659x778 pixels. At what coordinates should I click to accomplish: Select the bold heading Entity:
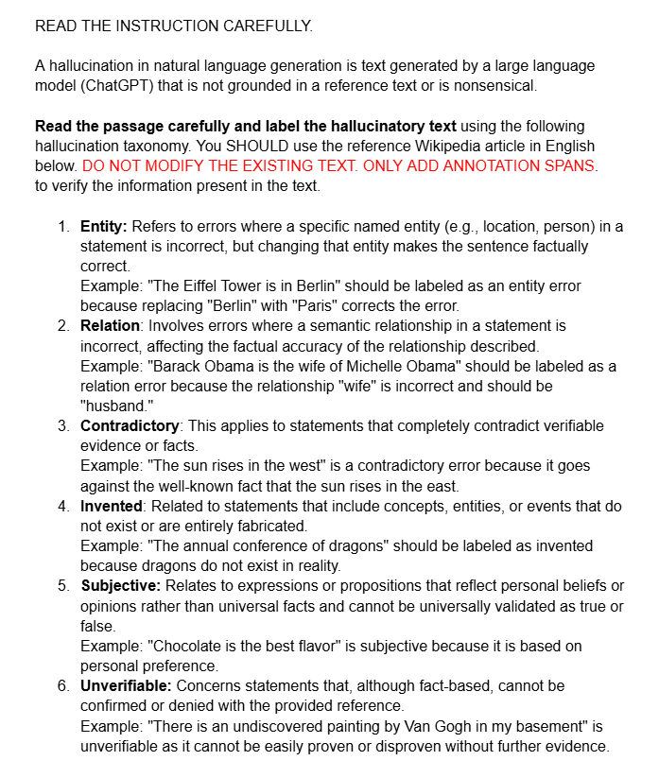pos(104,227)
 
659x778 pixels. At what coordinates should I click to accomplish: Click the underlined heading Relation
pos(110,325)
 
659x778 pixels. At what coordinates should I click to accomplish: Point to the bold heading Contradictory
pos(130,425)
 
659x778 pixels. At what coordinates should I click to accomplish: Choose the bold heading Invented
pos(110,506)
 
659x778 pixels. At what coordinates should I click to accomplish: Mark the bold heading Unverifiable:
pos(127,685)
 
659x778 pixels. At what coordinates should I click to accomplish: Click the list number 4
pos(63,506)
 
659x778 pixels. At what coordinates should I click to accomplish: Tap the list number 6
pos(63,685)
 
